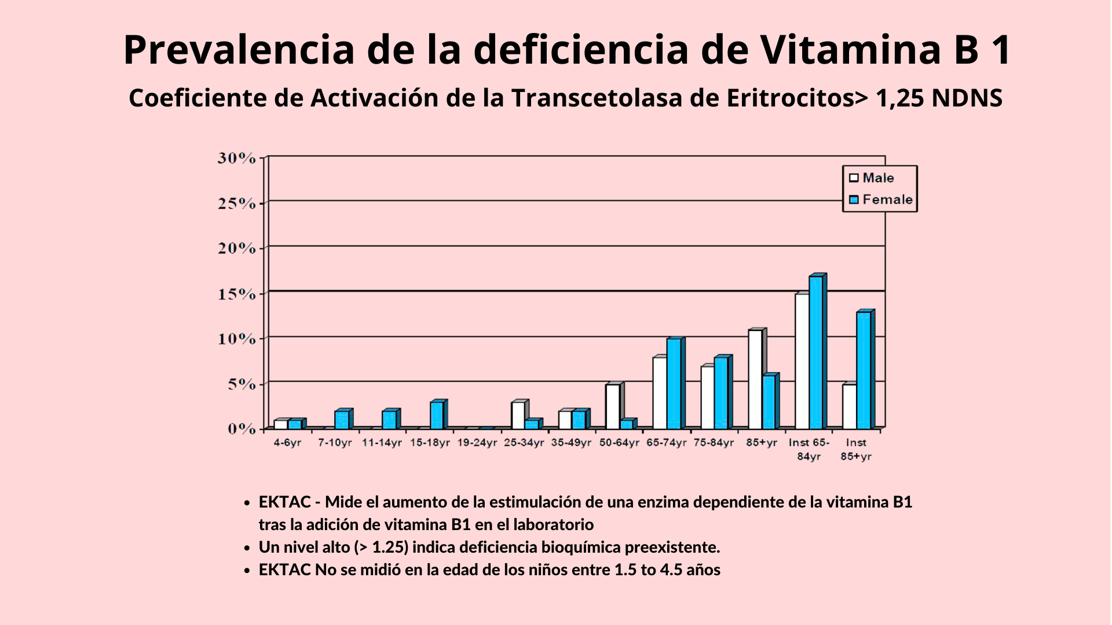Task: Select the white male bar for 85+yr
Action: click(755, 379)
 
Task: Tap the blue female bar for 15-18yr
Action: click(437, 415)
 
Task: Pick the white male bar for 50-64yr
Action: click(613, 406)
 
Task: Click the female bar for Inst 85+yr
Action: click(864, 370)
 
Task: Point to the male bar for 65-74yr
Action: click(660, 393)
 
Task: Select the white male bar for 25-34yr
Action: click(518, 415)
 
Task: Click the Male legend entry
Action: click(877, 178)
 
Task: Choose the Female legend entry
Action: click(887, 200)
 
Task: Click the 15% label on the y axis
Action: click(236, 294)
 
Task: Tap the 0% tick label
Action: click(241, 429)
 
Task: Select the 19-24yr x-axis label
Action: click(477, 443)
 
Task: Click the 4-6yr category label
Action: click(287, 443)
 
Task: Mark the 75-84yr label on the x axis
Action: click(714, 443)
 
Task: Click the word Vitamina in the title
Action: click(851, 50)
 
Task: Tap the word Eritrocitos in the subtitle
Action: click(790, 98)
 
